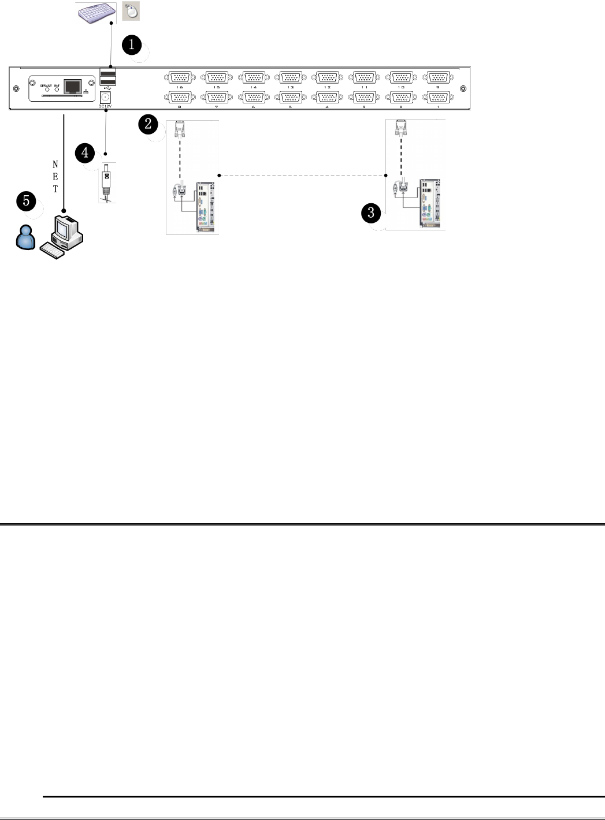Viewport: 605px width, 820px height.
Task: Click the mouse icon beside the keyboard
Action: (131, 11)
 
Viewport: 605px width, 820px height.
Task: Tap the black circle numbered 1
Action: (132, 44)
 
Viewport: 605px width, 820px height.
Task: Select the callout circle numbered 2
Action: (148, 123)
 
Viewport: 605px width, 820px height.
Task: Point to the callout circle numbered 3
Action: (371, 213)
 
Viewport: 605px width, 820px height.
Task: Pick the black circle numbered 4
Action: (85, 153)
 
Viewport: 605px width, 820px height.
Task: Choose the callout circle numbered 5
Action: (26, 202)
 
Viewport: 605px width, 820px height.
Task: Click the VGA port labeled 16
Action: (180, 77)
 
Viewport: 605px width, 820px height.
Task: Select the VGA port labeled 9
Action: (438, 77)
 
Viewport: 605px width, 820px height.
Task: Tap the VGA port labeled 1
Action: (438, 98)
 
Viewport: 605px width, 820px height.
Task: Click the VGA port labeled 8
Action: (180, 98)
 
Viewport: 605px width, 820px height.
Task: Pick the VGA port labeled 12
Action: (327, 77)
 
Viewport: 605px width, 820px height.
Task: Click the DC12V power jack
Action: (106, 97)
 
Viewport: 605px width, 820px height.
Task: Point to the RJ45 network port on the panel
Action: (72, 87)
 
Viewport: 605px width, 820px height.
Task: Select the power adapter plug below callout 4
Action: (106, 180)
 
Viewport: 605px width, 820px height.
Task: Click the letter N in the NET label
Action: (55, 165)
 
